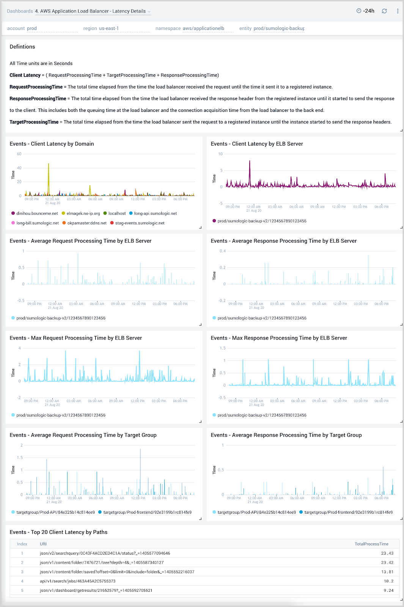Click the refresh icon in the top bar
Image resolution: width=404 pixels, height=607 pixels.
pos(384,11)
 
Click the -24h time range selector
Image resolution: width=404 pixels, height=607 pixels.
pos(365,11)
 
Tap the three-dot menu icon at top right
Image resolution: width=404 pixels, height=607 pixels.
pos(398,11)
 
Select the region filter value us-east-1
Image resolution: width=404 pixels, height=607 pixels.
pos(109,28)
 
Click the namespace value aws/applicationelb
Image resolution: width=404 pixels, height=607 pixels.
pos(203,28)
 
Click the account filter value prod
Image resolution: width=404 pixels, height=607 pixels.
pos(32,28)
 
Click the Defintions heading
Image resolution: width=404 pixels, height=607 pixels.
pos(22,47)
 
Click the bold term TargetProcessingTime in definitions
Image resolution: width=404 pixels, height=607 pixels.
pos(34,122)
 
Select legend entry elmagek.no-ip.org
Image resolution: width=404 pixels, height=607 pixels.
pos(83,214)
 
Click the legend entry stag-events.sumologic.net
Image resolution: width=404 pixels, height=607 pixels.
pos(140,223)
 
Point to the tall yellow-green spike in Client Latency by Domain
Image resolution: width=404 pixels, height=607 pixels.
pos(49,165)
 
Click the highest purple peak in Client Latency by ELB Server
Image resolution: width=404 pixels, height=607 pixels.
pos(250,162)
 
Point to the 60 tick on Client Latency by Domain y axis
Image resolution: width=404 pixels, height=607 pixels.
pos(19,154)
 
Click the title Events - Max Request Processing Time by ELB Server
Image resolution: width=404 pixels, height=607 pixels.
pos(76,338)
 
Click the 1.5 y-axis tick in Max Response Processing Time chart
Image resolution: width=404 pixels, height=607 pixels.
pos(223,348)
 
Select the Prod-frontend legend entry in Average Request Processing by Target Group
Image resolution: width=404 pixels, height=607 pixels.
pos(147,513)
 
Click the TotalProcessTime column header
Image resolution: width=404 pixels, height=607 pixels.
pos(371,544)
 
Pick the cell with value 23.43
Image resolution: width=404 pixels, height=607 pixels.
pos(387,554)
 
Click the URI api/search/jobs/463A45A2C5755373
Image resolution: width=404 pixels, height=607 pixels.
pos(78,581)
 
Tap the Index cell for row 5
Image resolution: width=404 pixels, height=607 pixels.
pos(22,590)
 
